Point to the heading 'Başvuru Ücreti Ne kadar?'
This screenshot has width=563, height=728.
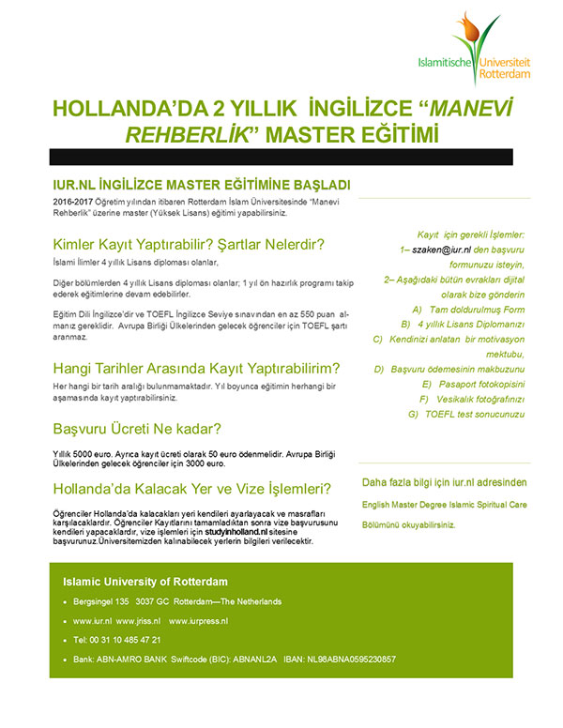click(137, 430)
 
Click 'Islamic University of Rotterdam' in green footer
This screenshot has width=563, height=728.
click(145, 582)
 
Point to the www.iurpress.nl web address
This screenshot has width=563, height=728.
click(199, 621)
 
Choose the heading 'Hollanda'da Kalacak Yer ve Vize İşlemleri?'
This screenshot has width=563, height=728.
click(191, 489)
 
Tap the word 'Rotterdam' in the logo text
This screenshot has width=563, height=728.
click(507, 71)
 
